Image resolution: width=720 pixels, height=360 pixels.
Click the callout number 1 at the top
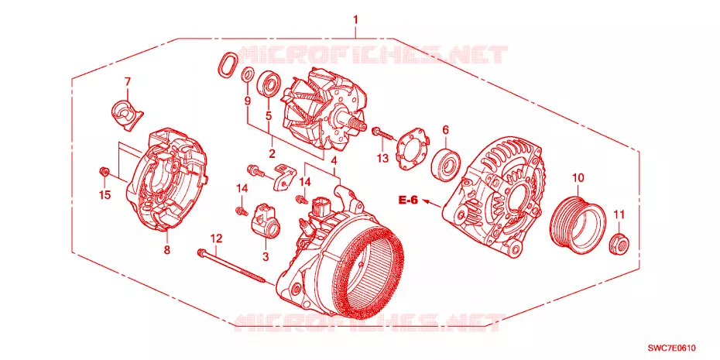(x=355, y=20)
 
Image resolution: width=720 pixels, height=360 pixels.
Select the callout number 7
(x=128, y=82)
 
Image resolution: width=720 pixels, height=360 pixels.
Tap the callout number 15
(x=105, y=195)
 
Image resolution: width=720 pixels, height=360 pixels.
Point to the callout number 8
(x=166, y=250)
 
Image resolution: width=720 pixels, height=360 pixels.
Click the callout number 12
(x=216, y=238)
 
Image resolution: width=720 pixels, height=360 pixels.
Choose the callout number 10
(x=578, y=177)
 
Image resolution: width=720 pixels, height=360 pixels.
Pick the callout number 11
(x=619, y=214)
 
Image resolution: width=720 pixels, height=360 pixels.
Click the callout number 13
(x=383, y=159)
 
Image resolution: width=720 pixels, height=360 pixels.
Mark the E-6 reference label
(x=408, y=201)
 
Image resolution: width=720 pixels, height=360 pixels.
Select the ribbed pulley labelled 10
(x=578, y=221)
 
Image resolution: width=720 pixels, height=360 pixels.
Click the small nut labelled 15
(x=105, y=172)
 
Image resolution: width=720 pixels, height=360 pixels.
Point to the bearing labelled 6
(x=446, y=163)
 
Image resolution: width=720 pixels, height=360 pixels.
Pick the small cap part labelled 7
(x=126, y=113)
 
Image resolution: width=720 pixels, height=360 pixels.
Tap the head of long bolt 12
(x=202, y=252)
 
